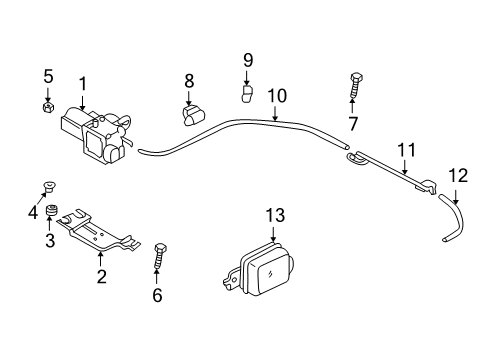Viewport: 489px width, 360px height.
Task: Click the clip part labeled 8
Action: [x=191, y=113]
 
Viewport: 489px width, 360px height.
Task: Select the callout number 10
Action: [x=277, y=96]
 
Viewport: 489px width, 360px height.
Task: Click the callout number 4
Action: [x=32, y=211]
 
